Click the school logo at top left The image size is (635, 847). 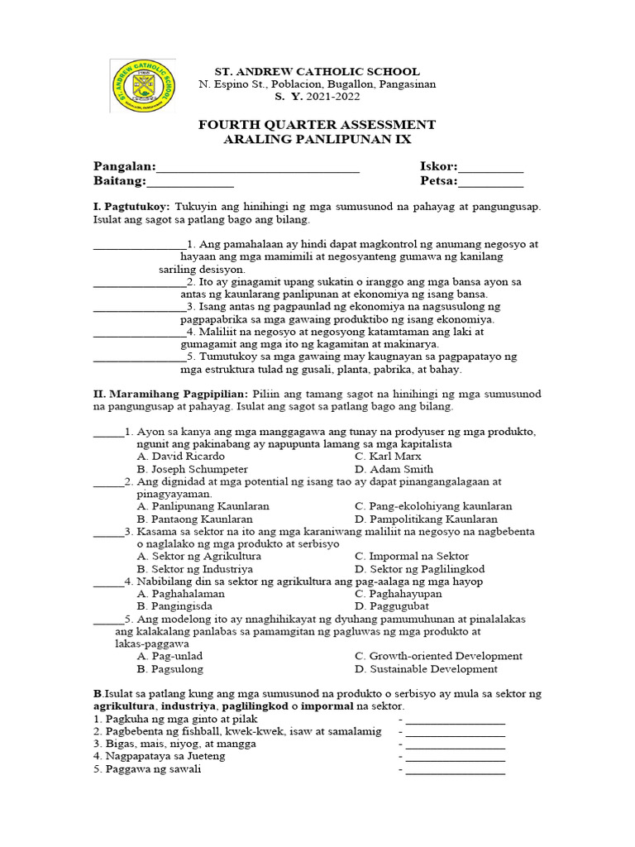[x=143, y=85]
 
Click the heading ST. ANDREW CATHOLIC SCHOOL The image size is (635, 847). [x=317, y=72]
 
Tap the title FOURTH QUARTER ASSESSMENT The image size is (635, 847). [x=317, y=125]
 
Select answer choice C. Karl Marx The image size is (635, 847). [x=388, y=457]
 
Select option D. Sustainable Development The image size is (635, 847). [x=426, y=669]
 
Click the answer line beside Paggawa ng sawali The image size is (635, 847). [x=455, y=772]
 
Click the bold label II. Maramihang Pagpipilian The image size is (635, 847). [x=170, y=395]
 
